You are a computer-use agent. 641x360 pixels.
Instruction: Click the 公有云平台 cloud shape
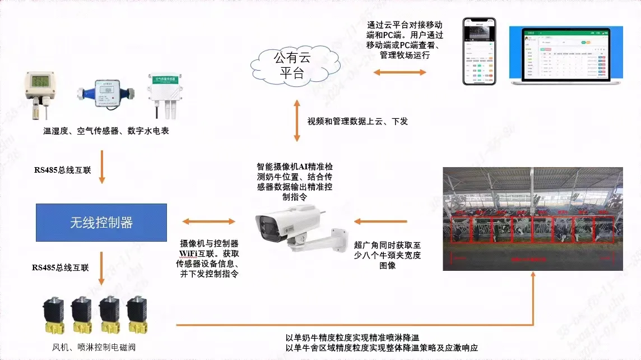click(295, 64)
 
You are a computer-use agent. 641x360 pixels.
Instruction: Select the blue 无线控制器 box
click(101, 223)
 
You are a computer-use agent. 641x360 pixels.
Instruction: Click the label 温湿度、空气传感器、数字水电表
click(106, 131)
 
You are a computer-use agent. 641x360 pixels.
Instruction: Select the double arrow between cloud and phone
click(400, 72)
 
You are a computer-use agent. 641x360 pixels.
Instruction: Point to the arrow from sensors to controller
click(102, 167)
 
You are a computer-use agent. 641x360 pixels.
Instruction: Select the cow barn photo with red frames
click(533, 219)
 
